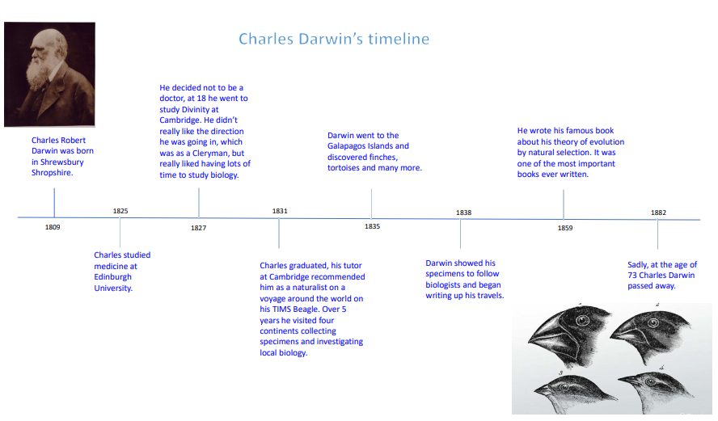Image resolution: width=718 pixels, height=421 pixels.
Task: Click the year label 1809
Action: pos(53,227)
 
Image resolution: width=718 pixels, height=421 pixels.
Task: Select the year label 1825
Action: pos(120,211)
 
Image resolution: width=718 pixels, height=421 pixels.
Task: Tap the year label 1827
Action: pos(198,228)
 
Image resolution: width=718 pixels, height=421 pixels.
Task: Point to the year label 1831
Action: pos(280,211)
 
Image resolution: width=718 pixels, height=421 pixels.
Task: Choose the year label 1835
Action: pos(372,226)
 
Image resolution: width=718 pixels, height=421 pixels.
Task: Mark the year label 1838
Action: pos(463,213)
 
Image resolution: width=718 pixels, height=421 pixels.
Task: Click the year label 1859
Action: pos(565,228)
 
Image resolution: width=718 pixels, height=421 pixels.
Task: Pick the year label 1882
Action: pos(658,213)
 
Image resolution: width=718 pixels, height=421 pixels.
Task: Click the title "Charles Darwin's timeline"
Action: pos(334,39)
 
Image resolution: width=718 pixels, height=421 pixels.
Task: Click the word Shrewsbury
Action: pos(61,162)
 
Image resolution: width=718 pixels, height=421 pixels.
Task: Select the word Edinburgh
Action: pos(112,277)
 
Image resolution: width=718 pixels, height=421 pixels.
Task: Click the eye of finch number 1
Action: pos(582,320)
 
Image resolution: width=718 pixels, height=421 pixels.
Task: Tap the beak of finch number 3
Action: pos(543,391)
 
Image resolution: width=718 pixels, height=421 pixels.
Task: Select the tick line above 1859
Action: pos(564,204)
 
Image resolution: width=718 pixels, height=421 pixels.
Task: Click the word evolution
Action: pos(606,142)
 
